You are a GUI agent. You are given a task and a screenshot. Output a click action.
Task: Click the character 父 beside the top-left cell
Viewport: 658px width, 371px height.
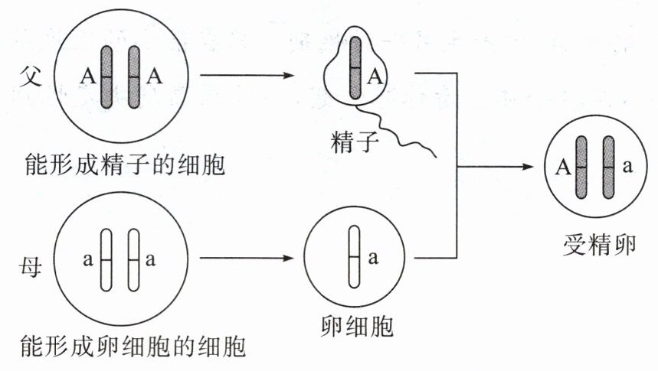click(x=30, y=76)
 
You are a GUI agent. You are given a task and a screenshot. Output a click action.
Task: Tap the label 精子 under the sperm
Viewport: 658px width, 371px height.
click(x=355, y=142)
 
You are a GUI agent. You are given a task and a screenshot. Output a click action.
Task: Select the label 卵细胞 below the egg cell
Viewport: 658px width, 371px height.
click(x=357, y=326)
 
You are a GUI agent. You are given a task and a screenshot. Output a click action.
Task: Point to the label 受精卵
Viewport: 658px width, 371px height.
click(x=599, y=245)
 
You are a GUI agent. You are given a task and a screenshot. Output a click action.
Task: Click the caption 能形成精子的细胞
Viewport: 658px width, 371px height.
click(x=125, y=164)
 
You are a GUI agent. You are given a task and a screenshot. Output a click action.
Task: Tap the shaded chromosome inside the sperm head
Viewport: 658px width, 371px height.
click(x=355, y=68)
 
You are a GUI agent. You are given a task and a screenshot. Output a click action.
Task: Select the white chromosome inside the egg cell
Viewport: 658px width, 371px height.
click(x=354, y=257)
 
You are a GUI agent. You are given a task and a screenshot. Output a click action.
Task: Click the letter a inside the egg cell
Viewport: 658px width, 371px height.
click(x=373, y=258)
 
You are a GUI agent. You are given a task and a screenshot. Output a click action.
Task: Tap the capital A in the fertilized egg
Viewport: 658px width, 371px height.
click(x=563, y=168)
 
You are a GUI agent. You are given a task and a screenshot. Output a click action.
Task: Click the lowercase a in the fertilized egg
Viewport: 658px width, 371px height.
click(x=627, y=167)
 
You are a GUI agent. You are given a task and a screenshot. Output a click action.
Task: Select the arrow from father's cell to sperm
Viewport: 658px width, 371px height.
click(x=247, y=76)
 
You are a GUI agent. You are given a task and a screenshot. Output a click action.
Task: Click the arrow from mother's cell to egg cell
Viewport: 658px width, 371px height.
click(x=247, y=258)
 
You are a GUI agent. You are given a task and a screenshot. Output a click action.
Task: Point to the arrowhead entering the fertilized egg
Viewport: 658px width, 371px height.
click(x=528, y=167)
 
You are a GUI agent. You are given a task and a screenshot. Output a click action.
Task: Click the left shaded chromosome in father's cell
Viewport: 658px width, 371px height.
click(x=106, y=77)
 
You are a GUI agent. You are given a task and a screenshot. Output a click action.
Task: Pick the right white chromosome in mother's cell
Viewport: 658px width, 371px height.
click(x=133, y=260)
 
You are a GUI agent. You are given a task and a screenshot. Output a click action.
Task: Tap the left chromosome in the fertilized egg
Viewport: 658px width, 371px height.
click(x=581, y=168)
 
